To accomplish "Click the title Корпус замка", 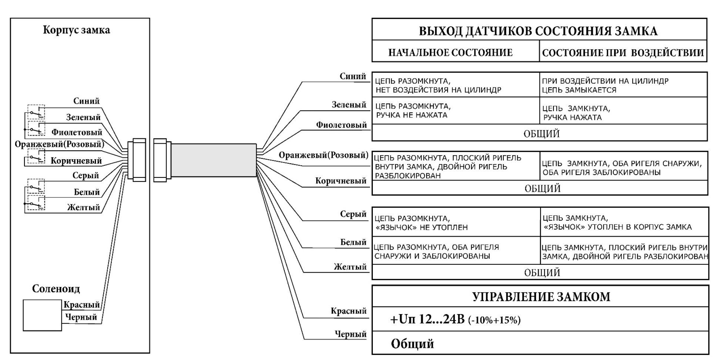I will (76, 30).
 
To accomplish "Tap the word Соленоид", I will (56, 289).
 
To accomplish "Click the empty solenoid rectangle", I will (42, 315).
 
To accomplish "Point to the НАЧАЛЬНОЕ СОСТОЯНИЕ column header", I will (450, 53).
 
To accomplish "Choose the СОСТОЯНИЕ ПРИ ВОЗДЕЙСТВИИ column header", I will (623, 53).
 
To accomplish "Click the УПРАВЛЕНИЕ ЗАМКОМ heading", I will (541, 297).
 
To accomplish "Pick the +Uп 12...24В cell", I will (455, 319).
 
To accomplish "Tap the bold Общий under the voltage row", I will (412, 344).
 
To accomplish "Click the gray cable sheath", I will (214, 160).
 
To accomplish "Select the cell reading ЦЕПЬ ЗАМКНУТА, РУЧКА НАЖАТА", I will (623, 113).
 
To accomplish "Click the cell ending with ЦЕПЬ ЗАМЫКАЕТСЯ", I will (623, 86).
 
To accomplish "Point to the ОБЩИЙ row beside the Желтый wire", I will (542, 273).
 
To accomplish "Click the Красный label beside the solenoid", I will (81, 305).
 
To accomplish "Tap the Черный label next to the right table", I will (350, 334).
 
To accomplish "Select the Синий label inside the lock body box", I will (86, 101).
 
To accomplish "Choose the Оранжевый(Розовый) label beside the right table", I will (323, 155).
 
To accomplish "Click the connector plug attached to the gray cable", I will (162, 160).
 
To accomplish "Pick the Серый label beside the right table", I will (353, 214).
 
